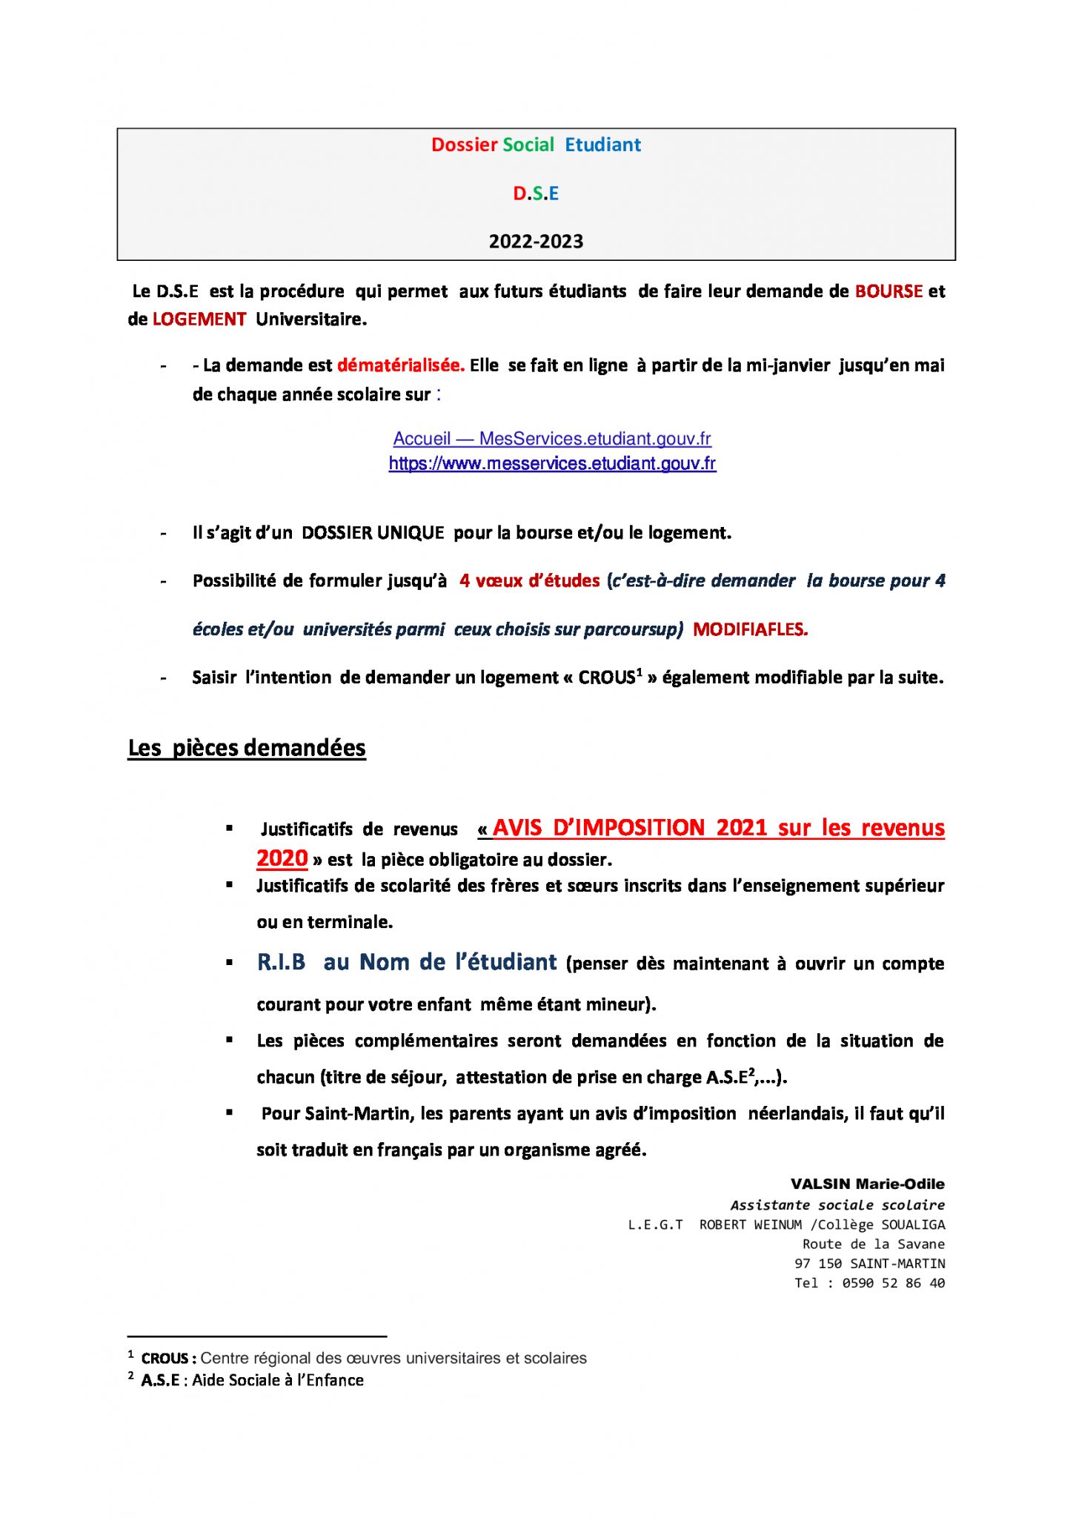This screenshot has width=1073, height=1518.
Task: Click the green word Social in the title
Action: [x=528, y=145]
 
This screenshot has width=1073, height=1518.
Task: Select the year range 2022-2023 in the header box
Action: [x=536, y=242]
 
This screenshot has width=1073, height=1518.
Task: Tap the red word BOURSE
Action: [x=888, y=291]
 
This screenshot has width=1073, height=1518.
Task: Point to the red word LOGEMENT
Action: [x=199, y=319]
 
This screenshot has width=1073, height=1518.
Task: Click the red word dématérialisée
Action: [x=401, y=365]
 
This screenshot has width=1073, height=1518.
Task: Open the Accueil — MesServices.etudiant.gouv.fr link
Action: [x=552, y=439]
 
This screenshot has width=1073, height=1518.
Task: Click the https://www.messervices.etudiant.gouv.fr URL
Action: [x=552, y=464]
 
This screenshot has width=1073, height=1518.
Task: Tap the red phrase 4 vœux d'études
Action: [x=529, y=581]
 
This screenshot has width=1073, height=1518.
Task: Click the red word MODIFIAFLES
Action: [x=750, y=629]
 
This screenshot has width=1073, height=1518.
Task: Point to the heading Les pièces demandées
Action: [x=247, y=748]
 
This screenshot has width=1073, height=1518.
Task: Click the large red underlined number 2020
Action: [x=282, y=858]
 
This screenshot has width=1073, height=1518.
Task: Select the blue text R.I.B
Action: [x=281, y=962]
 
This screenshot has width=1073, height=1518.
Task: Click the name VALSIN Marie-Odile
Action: [x=867, y=1184]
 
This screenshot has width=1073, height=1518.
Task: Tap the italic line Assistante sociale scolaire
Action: [x=837, y=1205]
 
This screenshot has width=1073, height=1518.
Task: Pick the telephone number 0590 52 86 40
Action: [x=893, y=1283]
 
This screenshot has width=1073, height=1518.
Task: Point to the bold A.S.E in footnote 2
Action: [x=160, y=1380]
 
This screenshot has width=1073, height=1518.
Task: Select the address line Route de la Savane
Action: [x=873, y=1244]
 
